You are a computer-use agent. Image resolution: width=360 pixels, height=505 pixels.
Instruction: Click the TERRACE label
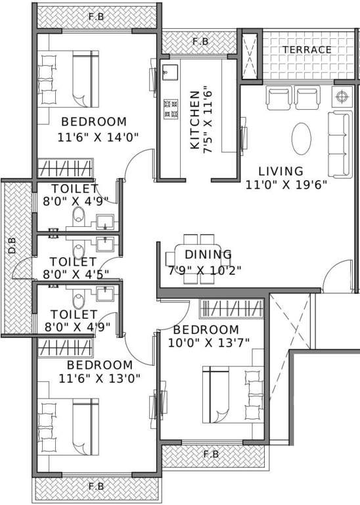pos(307,49)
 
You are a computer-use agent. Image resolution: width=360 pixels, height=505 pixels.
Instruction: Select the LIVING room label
pos(281,171)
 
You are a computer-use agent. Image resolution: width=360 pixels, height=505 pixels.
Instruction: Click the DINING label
pos(208,254)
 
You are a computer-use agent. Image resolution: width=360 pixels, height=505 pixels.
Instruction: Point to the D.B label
pos(12,245)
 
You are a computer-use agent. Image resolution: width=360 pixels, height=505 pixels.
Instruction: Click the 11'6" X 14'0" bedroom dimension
pos(98,137)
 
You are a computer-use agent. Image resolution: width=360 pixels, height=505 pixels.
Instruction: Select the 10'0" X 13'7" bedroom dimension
pos(209,343)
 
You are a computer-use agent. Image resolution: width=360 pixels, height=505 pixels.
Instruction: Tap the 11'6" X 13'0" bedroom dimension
pos(99,379)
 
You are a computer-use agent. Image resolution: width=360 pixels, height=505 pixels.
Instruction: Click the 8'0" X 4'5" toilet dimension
pos(76,275)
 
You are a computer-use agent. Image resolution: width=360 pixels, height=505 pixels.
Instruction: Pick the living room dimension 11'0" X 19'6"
pos(286,185)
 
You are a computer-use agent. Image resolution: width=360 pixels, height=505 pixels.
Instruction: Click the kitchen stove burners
pos(171,109)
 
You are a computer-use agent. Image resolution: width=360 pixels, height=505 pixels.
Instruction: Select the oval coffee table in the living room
pos(302,138)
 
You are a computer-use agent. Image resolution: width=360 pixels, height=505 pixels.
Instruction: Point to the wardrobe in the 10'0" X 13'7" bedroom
pos(231,309)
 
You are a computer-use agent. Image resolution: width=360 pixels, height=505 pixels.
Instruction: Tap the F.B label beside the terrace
pos(200,41)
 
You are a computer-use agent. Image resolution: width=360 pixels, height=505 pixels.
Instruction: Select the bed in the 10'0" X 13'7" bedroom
pos(233,395)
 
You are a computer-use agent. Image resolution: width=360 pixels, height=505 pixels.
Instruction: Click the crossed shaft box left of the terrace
pos(250,55)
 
